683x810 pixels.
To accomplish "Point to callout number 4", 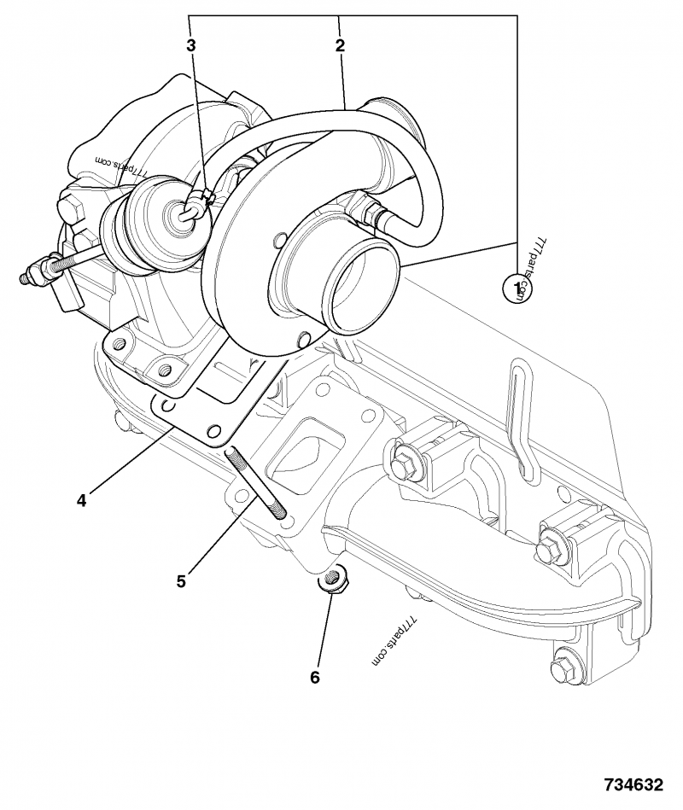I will (x=81, y=501).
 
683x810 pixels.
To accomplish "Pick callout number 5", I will (x=181, y=581).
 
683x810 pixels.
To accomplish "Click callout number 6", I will (x=314, y=677).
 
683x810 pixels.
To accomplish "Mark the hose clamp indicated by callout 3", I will (x=199, y=202).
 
